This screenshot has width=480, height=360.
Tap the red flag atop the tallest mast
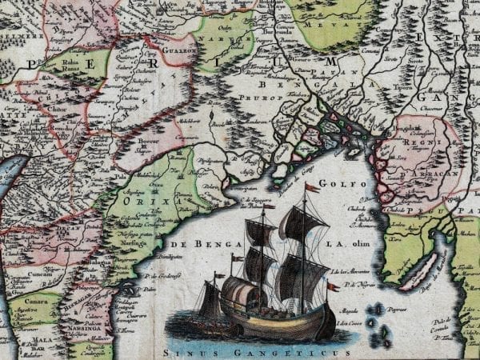[x=312, y=187]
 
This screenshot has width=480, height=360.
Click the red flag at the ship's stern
[x=333, y=286]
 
